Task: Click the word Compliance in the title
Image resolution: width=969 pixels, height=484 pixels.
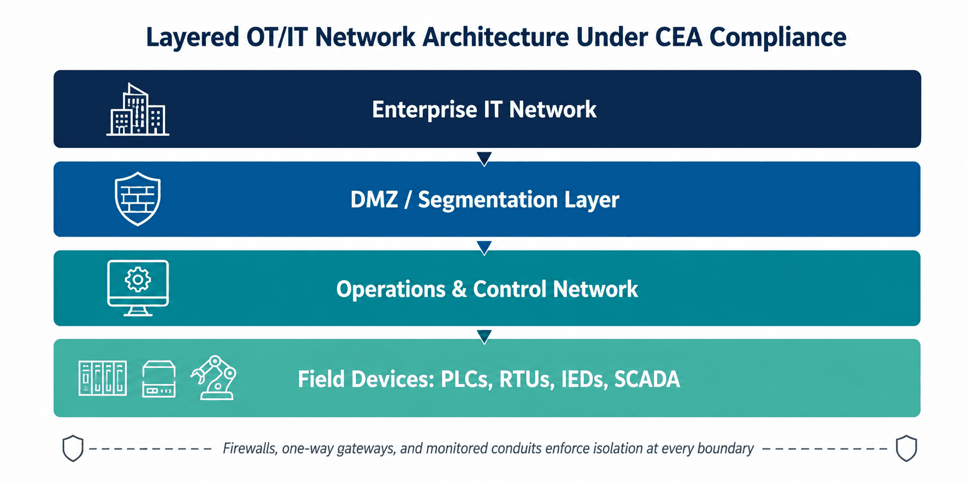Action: [x=778, y=38]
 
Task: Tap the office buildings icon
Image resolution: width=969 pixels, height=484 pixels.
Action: [x=138, y=109]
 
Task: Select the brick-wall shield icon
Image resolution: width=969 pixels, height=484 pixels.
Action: [x=138, y=199]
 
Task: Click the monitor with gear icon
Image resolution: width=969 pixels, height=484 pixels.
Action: [x=138, y=288]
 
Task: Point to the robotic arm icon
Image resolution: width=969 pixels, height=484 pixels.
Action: [x=214, y=378]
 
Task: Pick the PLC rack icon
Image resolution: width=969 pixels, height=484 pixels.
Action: [x=103, y=378]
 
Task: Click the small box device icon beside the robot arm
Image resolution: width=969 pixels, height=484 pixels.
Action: [x=159, y=379]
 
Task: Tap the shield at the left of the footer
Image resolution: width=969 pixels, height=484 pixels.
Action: [x=73, y=449]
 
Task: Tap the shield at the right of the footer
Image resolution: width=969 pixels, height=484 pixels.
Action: [x=906, y=449]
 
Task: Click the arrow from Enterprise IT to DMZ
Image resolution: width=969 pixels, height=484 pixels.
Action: [x=484, y=158]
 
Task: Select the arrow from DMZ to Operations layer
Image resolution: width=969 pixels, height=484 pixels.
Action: [x=484, y=248]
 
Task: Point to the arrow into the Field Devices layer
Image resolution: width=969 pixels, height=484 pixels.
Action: [x=484, y=337]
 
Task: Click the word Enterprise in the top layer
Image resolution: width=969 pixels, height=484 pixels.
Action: [x=424, y=110]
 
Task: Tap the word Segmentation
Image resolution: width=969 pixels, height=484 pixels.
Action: [x=488, y=200]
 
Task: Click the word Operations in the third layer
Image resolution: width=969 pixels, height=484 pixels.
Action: [x=391, y=290]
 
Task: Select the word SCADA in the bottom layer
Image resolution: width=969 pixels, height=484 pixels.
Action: [x=647, y=379]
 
